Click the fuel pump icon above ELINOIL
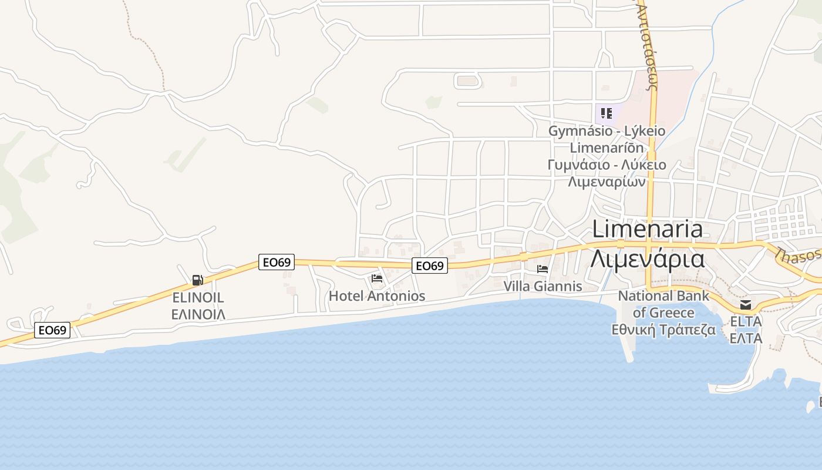pos(198,280)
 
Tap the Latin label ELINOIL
pos(198,297)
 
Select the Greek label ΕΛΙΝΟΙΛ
pos(198,314)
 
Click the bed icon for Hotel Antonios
pos(377,278)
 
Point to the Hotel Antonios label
pos(377,296)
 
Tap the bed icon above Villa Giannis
pos(543,268)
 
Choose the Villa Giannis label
pos(543,286)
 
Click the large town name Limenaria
pos(647,229)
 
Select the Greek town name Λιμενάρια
pos(647,258)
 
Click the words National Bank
pos(663,296)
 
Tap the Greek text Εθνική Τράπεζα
pos(663,330)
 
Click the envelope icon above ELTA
pos(746,304)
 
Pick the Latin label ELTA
pos(746,321)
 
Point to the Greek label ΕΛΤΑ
pos(746,338)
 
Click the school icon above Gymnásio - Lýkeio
pos(607,113)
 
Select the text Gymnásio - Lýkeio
pos(607,130)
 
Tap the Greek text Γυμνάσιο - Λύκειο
pos(607,164)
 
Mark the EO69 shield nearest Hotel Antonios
pos(429,266)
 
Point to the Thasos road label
pos(799,255)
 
